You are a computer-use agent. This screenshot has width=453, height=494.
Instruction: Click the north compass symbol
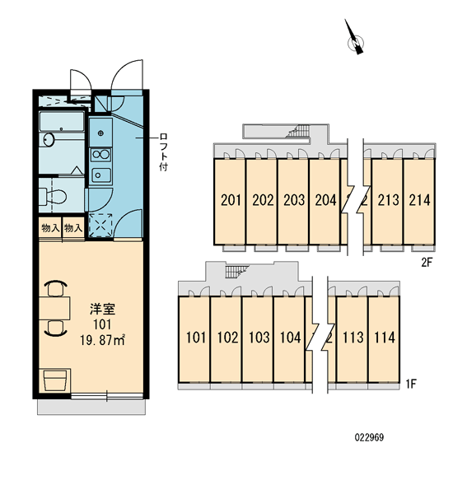click(x=355, y=38)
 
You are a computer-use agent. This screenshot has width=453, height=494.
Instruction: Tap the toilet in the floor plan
click(x=53, y=197)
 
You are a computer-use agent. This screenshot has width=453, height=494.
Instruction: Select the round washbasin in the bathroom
click(x=49, y=140)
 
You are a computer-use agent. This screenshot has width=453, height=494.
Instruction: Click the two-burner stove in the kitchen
click(x=100, y=155)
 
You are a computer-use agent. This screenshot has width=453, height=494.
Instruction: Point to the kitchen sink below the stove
click(x=100, y=175)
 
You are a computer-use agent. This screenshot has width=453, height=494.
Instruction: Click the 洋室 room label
click(x=102, y=309)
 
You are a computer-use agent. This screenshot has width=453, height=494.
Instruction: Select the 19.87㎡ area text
click(x=102, y=340)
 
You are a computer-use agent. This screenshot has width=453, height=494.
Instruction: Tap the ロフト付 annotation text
click(x=163, y=152)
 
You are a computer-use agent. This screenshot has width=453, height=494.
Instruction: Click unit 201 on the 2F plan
click(x=231, y=200)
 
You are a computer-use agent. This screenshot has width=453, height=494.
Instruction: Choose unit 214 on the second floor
click(x=419, y=200)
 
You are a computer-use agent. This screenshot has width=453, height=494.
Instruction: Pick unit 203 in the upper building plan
click(x=294, y=200)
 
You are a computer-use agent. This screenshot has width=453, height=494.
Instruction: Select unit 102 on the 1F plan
click(x=227, y=338)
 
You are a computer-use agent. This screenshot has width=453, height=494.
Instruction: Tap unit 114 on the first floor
click(x=385, y=338)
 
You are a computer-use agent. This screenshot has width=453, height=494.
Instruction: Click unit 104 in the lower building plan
click(x=291, y=338)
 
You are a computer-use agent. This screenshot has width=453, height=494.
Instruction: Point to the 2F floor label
click(x=427, y=262)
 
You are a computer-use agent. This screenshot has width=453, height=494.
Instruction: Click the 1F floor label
click(x=411, y=384)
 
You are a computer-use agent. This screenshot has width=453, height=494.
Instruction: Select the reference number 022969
click(x=369, y=437)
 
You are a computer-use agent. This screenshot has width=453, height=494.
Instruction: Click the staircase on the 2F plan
click(x=297, y=131)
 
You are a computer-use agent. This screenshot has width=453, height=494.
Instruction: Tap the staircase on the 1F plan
click(x=236, y=272)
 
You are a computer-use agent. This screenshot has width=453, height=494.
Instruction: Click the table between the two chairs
click(x=54, y=308)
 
